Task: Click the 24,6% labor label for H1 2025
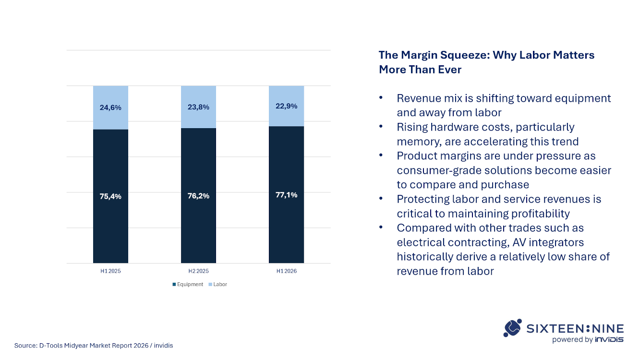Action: [110, 108]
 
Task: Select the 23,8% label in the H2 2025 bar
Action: [198, 107]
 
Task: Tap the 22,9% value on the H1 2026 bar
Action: [286, 106]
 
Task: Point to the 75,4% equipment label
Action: [110, 197]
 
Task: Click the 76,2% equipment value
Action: [198, 196]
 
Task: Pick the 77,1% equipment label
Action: [286, 195]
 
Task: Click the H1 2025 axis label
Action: [110, 271]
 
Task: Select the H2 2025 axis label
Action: [199, 271]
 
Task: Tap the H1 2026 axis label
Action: [287, 271]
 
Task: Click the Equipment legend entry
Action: [188, 285]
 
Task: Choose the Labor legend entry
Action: [217, 285]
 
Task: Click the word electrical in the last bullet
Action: [421, 242]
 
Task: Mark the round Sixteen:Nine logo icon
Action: [513, 328]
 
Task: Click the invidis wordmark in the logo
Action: [609, 340]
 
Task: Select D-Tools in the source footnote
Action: [50, 346]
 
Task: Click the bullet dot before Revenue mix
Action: [381, 98]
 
